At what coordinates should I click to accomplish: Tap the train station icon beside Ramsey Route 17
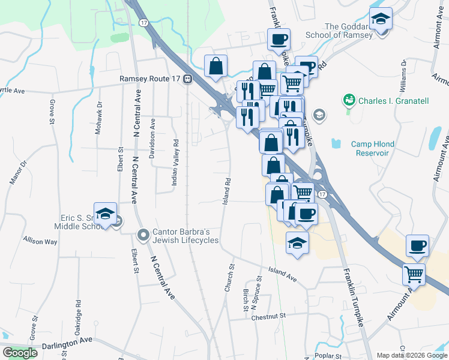[x=188, y=79]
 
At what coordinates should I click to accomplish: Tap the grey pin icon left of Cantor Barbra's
[x=143, y=234]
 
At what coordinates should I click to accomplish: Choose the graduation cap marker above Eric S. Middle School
[x=105, y=214]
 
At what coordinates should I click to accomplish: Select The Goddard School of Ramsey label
[x=348, y=31]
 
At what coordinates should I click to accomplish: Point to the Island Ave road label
[x=283, y=274]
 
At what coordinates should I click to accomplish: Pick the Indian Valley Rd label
[x=176, y=167]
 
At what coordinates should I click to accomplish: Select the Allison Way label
[x=40, y=242]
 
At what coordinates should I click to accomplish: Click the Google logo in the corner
[x=20, y=353]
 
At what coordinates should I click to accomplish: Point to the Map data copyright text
[x=411, y=355]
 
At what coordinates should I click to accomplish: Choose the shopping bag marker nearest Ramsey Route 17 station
[x=215, y=66]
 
